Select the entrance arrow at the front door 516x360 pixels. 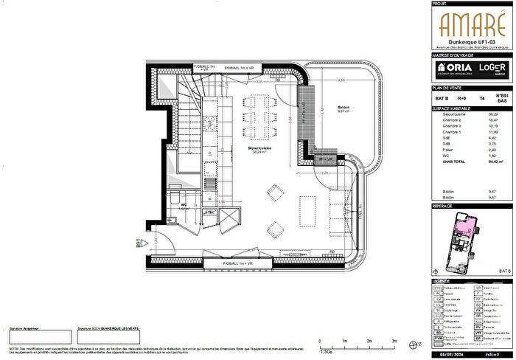point(147,241)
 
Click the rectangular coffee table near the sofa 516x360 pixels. point(308,204)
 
